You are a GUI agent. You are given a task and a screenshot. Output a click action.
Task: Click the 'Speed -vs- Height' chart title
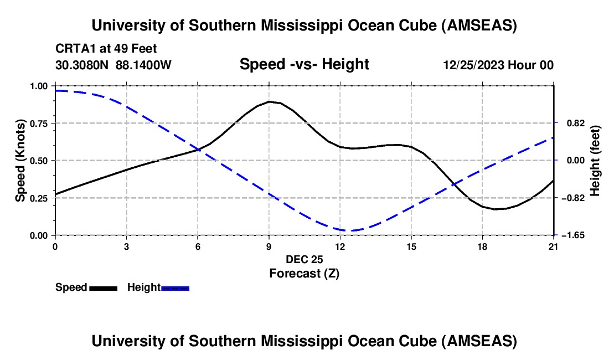coord(304,64)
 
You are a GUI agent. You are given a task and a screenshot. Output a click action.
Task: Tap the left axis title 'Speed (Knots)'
coord(20,161)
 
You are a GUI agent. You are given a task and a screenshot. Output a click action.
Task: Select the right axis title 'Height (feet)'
coord(596,161)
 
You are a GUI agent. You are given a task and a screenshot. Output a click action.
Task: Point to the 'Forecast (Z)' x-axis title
coord(304,273)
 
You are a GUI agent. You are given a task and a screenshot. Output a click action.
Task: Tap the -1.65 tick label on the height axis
coord(569,235)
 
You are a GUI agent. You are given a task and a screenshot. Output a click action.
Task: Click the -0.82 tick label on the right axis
coord(569,198)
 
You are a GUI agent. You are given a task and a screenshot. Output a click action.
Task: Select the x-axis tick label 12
coord(339,246)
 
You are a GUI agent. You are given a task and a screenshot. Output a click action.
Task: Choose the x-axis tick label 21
coord(554,246)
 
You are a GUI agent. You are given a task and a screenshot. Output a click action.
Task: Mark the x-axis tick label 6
coord(197,246)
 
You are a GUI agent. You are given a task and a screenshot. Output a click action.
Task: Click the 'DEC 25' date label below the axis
coord(304,259)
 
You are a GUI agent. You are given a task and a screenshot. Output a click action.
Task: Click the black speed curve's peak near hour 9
coord(270,101)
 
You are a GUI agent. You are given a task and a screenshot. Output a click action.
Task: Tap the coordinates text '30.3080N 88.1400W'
coord(113,65)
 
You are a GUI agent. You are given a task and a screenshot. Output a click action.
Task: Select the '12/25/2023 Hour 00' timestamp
coord(498,65)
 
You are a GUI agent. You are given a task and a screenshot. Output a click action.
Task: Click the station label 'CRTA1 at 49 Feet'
coord(110,48)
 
